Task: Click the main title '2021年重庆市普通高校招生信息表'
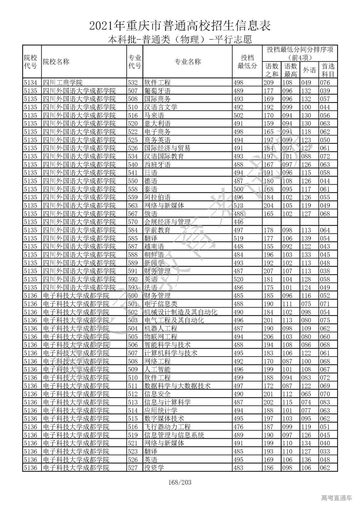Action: click(180, 26)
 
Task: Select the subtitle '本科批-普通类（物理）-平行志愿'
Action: click(180, 40)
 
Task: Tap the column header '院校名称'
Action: click(56, 62)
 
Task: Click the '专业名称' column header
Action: click(188, 62)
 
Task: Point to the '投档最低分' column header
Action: click(247, 62)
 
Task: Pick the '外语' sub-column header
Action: click(309, 70)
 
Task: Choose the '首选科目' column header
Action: click(328, 70)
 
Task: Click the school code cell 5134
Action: click(30, 83)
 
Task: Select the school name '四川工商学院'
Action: click(63, 83)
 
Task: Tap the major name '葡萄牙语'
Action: click(157, 91)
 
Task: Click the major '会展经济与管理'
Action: click(167, 222)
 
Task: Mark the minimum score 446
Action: click(238, 222)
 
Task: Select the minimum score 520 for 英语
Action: click(238, 279)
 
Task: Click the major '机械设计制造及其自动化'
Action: click(181, 312)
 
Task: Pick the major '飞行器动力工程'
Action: click(167, 427)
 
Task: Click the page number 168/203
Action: click(180, 483)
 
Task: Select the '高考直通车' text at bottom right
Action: click(336, 498)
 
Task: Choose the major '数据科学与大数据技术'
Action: click(177, 386)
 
